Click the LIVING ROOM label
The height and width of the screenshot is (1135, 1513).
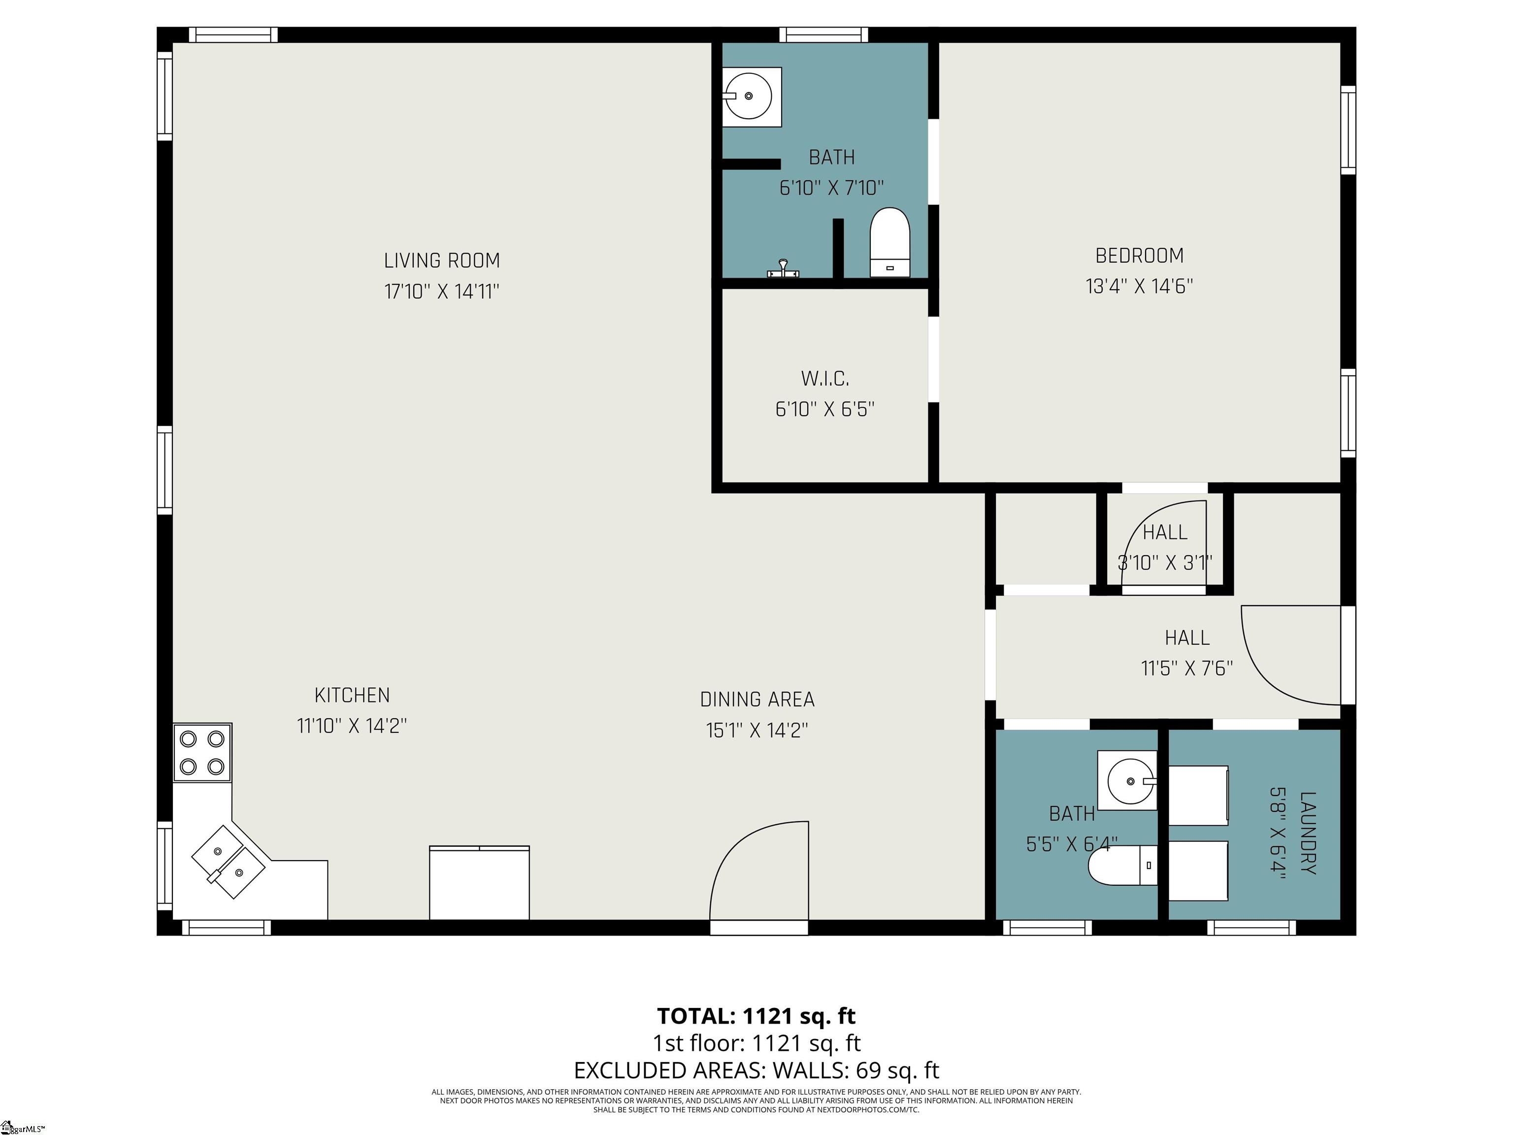[x=442, y=261]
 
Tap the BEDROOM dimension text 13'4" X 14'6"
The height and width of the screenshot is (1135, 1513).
[x=1140, y=286]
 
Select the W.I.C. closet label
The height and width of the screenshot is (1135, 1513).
[x=825, y=378]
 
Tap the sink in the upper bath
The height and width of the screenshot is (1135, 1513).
[x=752, y=97]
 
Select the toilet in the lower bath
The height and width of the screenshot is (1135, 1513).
[x=1122, y=866]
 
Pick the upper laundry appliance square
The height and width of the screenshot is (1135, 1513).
[x=1198, y=796]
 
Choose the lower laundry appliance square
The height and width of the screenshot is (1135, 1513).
[x=1198, y=871]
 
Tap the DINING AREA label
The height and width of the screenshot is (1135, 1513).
[x=757, y=700]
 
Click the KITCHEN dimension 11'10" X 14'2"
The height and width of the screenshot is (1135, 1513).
[x=352, y=726]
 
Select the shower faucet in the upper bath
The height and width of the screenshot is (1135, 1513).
[x=783, y=269]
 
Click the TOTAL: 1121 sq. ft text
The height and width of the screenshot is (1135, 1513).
[x=756, y=1016]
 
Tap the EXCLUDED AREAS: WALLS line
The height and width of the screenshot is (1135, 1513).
[x=756, y=1070]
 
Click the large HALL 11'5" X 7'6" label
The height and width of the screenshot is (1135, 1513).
[x=1187, y=653]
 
